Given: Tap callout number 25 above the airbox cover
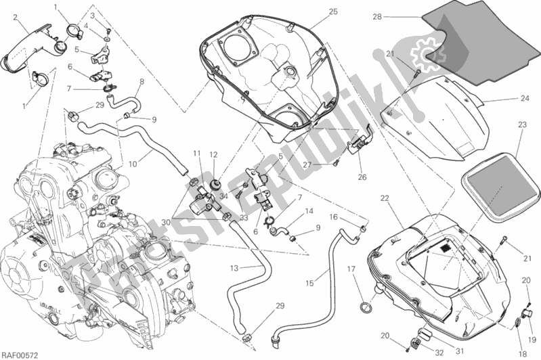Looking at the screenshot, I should click(x=332, y=12).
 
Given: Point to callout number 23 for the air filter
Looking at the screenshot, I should click(x=522, y=124).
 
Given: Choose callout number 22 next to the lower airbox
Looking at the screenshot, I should click(x=385, y=198).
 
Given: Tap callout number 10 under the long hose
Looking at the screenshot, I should click(x=133, y=162).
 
